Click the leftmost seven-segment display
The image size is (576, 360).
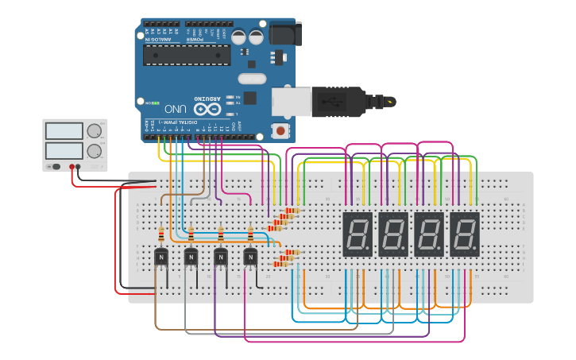[x=358, y=234]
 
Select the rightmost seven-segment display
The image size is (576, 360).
[x=465, y=234]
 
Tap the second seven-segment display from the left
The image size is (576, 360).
[x=393, y=234]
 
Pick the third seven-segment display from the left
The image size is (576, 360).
[x=429, y=234]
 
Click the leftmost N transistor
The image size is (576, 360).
[x=161, y=257]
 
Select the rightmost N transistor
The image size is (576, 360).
[x=250, y=257]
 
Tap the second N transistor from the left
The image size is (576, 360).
[x=191, y=257]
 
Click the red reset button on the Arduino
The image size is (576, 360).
[x=280, y=130]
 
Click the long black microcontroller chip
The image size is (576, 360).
[x=187, y=55]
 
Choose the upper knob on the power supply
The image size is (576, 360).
[x=95, y=131]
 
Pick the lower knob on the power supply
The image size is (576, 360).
[x=95, y=150]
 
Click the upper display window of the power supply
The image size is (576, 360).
[x=64, y=131]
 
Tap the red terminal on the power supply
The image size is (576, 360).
[x=72, y=167]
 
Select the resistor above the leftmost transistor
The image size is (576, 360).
[x=161, y=234]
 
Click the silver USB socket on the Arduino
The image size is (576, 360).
[x=288, y=102]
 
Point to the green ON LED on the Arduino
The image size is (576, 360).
[x=147, y=103]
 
